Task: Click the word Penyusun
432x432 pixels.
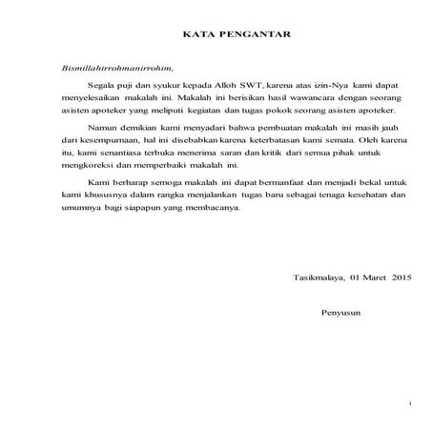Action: (343, 312)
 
